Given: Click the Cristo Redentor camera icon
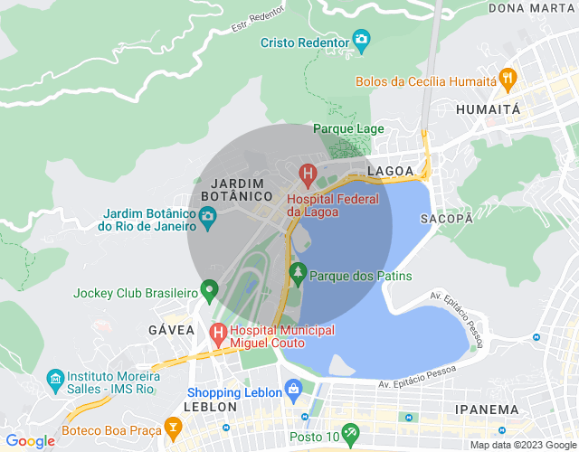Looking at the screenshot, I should pos(362,40).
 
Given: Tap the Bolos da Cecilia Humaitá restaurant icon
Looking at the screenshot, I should pos(508,79).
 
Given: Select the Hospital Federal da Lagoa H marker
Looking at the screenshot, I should pos(308,172).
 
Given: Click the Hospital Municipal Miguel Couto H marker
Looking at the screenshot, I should pos(218,334).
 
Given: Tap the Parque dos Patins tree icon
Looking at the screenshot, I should pos(298,271).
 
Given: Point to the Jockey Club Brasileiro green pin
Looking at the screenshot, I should pos(210,291).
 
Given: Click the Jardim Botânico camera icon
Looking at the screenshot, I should pos(207,217).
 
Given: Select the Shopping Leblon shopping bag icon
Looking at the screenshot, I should pos(292,390).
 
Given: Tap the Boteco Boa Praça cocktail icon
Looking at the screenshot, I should pos(174,424).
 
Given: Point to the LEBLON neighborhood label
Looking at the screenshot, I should pos(210,408).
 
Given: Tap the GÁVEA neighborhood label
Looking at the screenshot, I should pos(171,330).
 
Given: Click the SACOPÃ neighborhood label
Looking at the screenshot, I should pos(446,219).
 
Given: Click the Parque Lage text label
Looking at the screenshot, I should pos(348,128).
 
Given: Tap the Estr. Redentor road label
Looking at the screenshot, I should pos(257,16).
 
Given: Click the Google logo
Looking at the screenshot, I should pos(29,441).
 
